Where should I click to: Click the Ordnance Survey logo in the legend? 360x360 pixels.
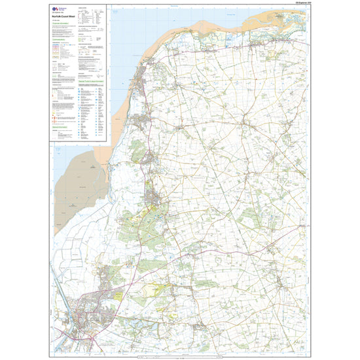(56, 10)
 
